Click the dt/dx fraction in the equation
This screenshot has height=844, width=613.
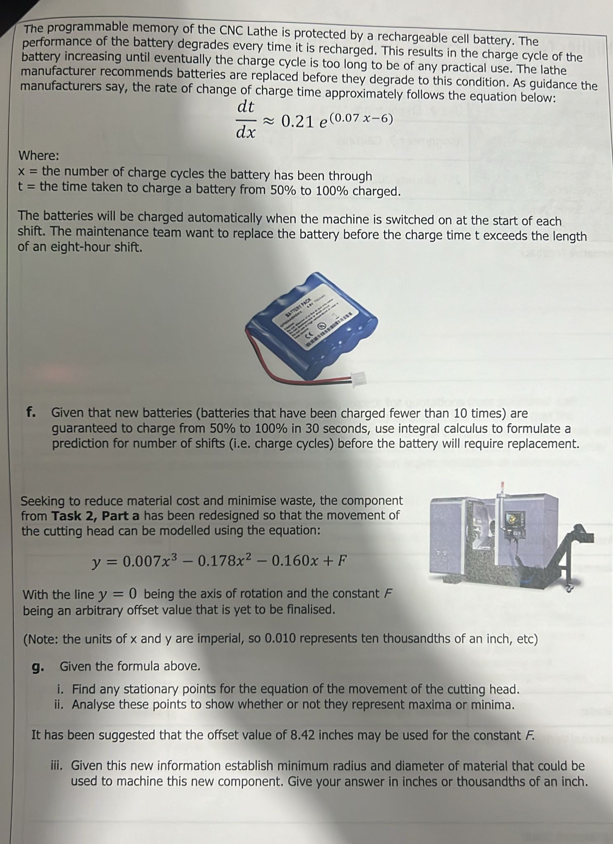pos(246,120)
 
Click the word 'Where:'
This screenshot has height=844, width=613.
pos(39,156)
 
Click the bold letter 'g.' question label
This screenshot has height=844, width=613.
pos(38,666)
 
